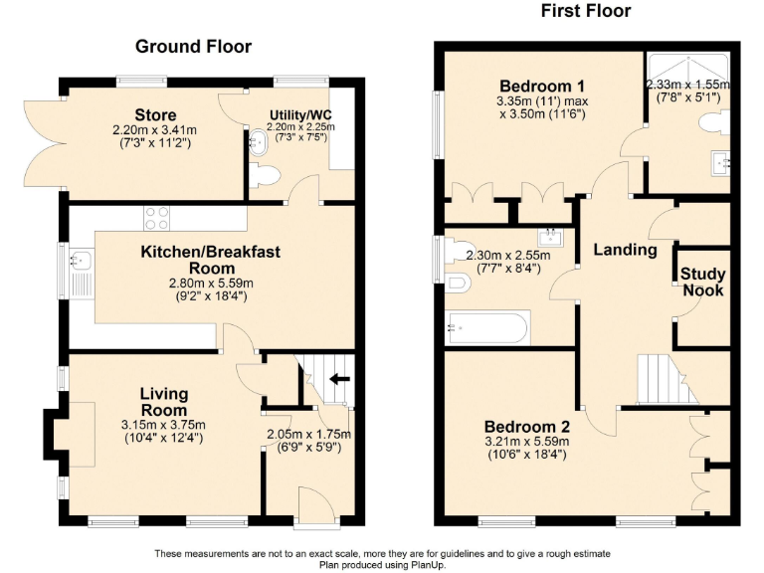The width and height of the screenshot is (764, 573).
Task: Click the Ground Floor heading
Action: click(x=193, y=46)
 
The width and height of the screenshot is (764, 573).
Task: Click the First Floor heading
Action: click(x=586, y=11)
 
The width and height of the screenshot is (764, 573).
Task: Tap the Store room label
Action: click(x=157, y=113)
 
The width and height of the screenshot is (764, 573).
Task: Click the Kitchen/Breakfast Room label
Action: click(x=210, y=260)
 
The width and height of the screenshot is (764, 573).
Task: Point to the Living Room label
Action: click(x=163, y=402)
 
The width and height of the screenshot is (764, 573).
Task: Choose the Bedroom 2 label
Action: click(x=526, y=427)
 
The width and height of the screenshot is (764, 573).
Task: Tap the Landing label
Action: click(x=625, y=250)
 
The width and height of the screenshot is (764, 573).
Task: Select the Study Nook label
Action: click(x=703, y=282)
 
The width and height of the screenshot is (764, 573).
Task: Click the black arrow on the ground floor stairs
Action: click(x=339, y=378)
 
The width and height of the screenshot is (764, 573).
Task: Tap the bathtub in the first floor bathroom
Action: click(x=488, y=324)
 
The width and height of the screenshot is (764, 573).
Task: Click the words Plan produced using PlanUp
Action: click(x=382, y=564)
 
